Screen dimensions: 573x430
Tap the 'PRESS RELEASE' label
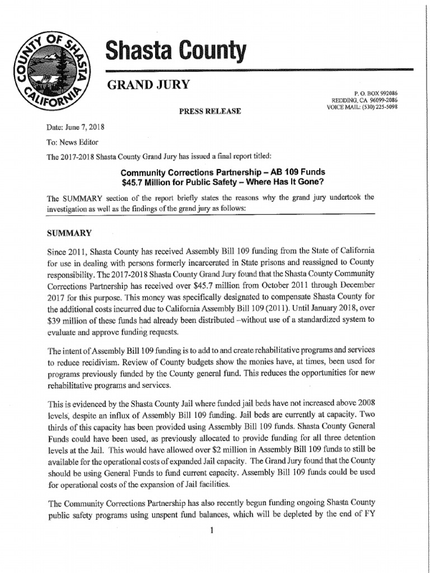209,111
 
